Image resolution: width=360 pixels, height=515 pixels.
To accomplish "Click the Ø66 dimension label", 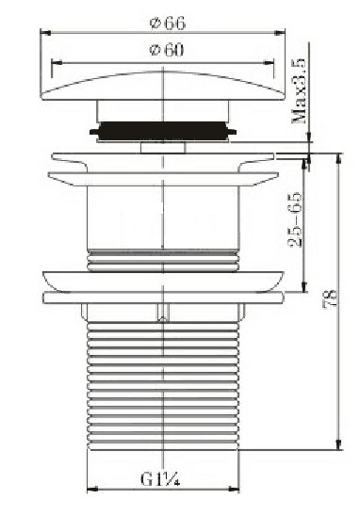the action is (x=168, y=24).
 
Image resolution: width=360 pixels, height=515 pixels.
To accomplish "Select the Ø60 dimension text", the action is (x=167, y=50).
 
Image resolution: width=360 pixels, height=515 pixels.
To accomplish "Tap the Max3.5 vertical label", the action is (x=299, y=91).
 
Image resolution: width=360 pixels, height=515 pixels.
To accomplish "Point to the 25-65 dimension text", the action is (x=295, y=219).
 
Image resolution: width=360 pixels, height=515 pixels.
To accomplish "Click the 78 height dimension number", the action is (x=331, y=298).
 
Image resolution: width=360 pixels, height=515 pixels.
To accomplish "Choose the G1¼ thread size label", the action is (x=160, y=479).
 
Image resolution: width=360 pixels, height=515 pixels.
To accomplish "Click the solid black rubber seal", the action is (x=163, y=132).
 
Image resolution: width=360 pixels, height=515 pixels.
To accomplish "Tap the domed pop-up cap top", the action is (x=163, y=86).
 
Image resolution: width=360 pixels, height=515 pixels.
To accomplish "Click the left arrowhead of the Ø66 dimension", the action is (x=45, y=33).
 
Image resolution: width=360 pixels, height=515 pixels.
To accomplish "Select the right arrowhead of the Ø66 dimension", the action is (x=280, y=33).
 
